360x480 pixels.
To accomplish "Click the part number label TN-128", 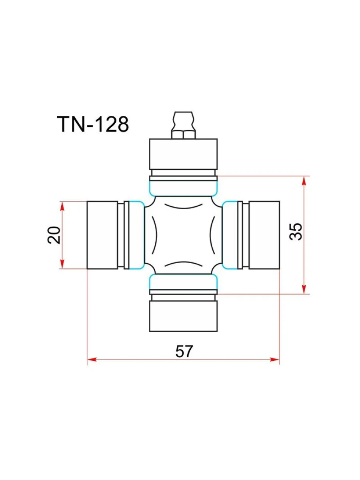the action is click(x=93, y=124).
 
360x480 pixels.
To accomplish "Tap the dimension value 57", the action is click(x=184, y=351).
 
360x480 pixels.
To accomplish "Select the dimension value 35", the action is click(x=296, y=232).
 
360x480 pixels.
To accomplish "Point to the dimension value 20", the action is click(x=54, y=235).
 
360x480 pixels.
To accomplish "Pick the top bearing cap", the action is click(x=183, y=154).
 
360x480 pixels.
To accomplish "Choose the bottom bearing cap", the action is click(x=183, y=316).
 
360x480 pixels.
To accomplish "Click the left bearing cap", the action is click(x=102, y=235).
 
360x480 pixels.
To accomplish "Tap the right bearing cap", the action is click(x=264, y=235).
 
